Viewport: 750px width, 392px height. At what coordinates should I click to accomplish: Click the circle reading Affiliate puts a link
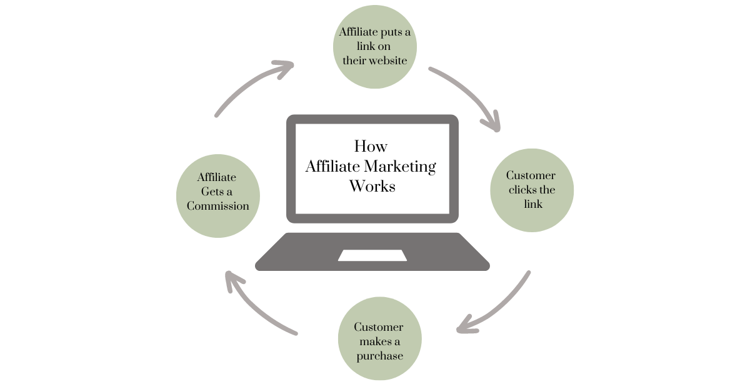tap(374, 47)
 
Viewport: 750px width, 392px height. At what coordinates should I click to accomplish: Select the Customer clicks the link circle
tap(531, 190)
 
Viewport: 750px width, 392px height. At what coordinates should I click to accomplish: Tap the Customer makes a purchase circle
tap(379, 340)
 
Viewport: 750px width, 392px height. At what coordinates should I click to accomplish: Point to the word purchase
tap(379, 356)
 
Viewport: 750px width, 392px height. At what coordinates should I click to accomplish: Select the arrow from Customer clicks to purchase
tap(500, 306)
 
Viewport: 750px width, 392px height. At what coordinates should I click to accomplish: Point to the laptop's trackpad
tap(372, 255)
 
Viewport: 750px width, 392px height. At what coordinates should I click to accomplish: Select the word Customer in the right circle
tap(531, 176)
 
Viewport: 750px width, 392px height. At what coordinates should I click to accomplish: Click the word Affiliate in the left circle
tap(217, 177)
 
